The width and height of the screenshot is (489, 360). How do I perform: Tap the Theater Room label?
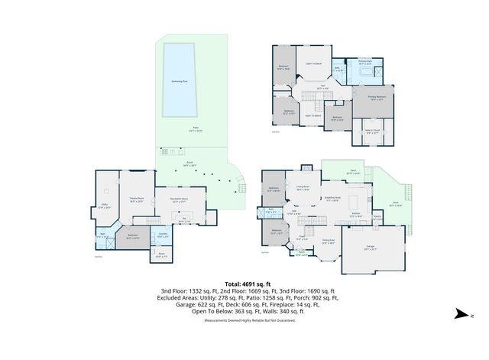point(136,200)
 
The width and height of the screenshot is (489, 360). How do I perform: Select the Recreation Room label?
point(180,200)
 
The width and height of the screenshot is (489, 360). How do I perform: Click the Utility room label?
point(105,206)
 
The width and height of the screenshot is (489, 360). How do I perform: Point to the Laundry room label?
point(163,235)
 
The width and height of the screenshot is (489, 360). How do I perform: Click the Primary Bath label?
point(364,63)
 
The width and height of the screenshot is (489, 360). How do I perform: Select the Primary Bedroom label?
point(375,98)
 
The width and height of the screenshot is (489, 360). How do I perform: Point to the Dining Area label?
point(328,242)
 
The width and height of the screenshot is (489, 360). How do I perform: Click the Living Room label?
point(303,186)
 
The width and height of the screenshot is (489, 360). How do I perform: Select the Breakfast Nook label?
point(332,199)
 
